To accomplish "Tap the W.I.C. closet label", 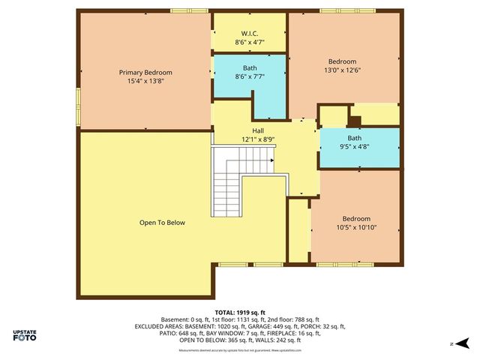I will (x=249, y=33).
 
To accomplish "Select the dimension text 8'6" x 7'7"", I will (x=249, y=76).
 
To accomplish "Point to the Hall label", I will (x=258, y=130).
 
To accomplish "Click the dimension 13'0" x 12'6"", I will (x=342, y=70).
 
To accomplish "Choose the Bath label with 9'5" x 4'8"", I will (x=354, y=138).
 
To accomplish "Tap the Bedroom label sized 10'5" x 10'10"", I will (x=356, y=218).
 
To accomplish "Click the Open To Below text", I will (x=162, y=223).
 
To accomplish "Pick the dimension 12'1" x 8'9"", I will (x=258, y=139).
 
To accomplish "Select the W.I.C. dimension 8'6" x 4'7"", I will (x=249, y=42).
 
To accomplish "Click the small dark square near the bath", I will (x=355, y=120).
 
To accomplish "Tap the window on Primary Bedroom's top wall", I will (x=188, y=10).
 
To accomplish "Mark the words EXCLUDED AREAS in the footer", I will (x=159, y=326).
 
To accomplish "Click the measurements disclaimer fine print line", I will (x=240, y=350).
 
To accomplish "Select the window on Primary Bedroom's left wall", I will (x=77, y=97).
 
